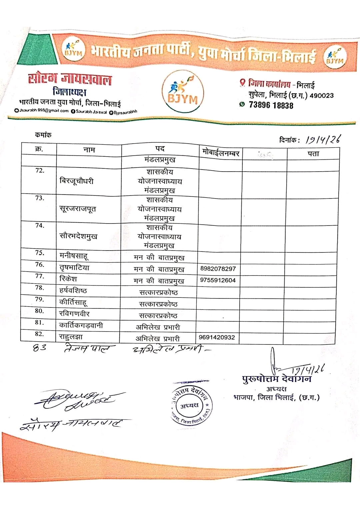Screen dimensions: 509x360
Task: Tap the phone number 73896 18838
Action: (x=271, y=105)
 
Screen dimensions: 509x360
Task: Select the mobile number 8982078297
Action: (x=218, y=268)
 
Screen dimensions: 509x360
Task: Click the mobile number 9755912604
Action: (x=218, y=280)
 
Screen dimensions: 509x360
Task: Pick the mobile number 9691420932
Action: (x=217, y=337)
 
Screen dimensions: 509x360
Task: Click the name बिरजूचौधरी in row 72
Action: (x=76, y=181)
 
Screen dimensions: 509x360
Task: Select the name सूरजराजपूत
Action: (x=78, y=209)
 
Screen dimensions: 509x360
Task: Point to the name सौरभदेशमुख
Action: (x=78, y=236)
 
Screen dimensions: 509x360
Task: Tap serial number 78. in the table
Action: (x=39, y=287)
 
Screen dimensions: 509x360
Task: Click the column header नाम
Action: (x=89, y=150)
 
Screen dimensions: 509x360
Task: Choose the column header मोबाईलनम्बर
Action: (x=221, y=153)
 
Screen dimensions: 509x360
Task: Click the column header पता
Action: (x=313, y=154)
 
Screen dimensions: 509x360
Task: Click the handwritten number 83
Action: (x=40, y=348)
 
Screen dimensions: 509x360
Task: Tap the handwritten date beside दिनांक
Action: (x=323, y=140)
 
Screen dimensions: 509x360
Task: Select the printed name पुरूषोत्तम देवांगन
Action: (x=277, y=379)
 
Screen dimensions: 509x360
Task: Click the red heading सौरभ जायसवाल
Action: (x=70, y=79)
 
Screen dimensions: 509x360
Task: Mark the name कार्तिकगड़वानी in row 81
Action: (x=81, y=325)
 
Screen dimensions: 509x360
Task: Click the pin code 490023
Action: (x=321, y=96)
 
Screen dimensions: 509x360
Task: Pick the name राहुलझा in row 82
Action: (x=71, y=336)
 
